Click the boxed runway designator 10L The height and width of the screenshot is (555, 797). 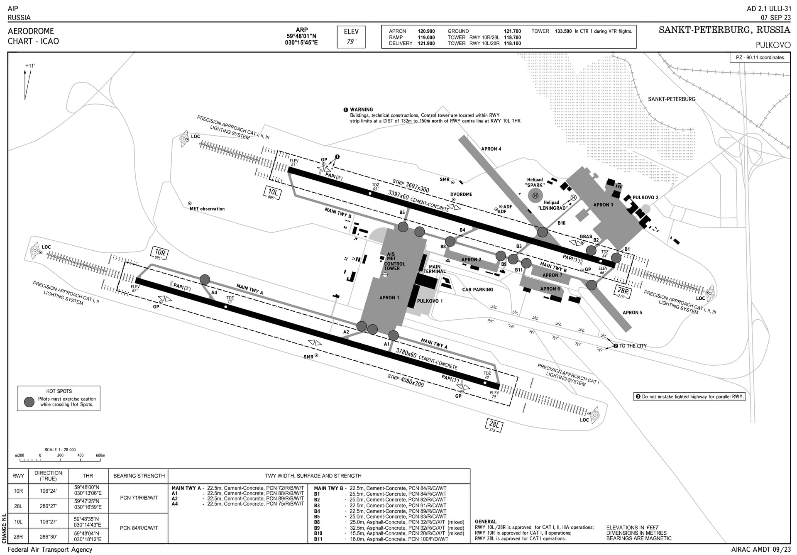(273, 193)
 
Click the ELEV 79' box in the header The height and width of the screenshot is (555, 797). (351, 37)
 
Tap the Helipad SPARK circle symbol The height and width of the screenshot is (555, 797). (535, 196)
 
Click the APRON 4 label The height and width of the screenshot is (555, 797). (491, 149)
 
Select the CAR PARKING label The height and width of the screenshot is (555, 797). (477, 290)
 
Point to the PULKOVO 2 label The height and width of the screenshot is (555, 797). (645, 198)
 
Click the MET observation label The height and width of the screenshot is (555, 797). (207, 209)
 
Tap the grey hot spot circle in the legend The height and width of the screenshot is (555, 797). (29, 402)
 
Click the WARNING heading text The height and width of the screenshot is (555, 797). (361, 110)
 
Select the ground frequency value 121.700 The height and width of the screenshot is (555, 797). (512, 31)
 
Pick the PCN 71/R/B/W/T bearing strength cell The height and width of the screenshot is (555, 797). (139, 498)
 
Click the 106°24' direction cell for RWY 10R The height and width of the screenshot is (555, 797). (48, 491)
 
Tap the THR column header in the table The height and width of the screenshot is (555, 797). (88, 476)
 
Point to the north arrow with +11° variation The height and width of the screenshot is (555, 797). (27, 83)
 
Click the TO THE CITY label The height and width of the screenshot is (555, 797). (633, 346)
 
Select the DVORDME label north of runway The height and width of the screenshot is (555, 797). (461, 194)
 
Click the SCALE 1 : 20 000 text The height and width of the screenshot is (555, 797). (60, 450)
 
